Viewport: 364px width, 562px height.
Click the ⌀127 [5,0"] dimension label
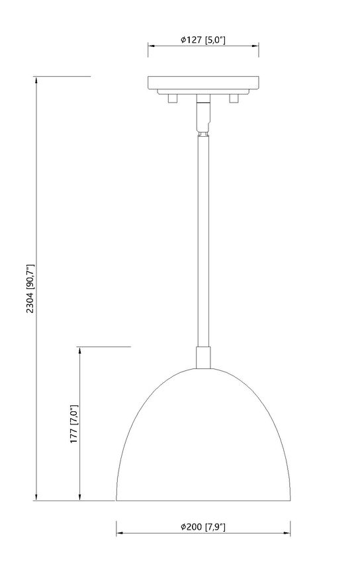pos(203,40)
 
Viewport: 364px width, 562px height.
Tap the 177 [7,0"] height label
pos(74,423)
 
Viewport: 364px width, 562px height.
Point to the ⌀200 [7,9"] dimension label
pos(204,527)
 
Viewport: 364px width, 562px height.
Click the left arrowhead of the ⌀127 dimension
pos(151,46)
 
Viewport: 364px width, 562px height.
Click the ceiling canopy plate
pos(203,84)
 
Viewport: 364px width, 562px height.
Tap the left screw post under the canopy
pos(173,98)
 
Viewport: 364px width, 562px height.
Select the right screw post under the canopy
pos(233,98)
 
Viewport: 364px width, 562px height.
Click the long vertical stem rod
pos(203,238)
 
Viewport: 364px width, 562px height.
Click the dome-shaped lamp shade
pos(203,443)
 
